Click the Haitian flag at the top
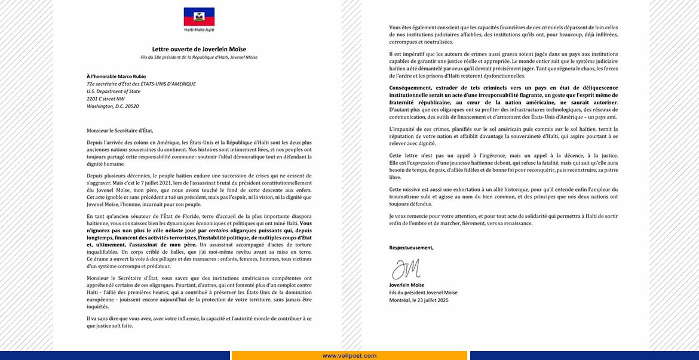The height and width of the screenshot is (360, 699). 199,16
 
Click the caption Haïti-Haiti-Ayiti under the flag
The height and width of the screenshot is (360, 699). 199,29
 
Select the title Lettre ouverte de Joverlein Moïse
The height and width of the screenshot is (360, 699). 199,49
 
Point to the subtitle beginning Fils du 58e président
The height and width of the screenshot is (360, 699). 199,57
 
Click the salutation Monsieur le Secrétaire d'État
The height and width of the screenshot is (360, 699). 119,130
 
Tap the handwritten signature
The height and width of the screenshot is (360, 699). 406,269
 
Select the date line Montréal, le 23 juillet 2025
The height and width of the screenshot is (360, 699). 418,300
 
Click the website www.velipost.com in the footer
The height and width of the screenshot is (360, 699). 349,356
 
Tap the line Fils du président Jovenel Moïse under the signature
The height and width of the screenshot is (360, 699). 422,293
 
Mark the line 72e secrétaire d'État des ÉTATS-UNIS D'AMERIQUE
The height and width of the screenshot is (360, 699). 141,84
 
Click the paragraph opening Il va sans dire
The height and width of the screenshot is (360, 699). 199,322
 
